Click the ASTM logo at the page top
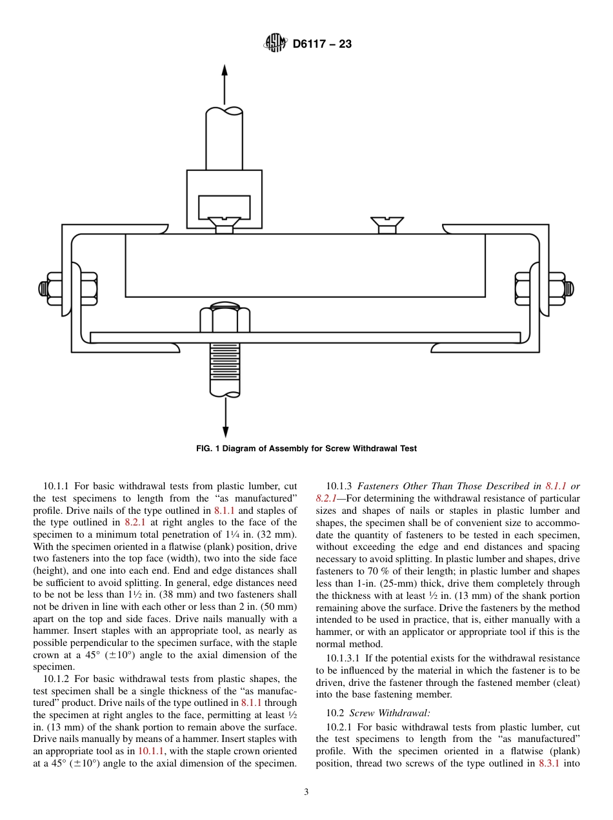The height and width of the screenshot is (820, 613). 275,44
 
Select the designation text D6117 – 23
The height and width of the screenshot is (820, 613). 322,44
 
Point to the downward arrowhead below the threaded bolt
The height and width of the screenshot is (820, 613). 225,432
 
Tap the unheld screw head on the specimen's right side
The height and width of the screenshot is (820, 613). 387,224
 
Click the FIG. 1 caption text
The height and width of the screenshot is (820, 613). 306,449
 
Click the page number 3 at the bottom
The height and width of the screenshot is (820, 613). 306,792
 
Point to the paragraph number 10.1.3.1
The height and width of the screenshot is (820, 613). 347,658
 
